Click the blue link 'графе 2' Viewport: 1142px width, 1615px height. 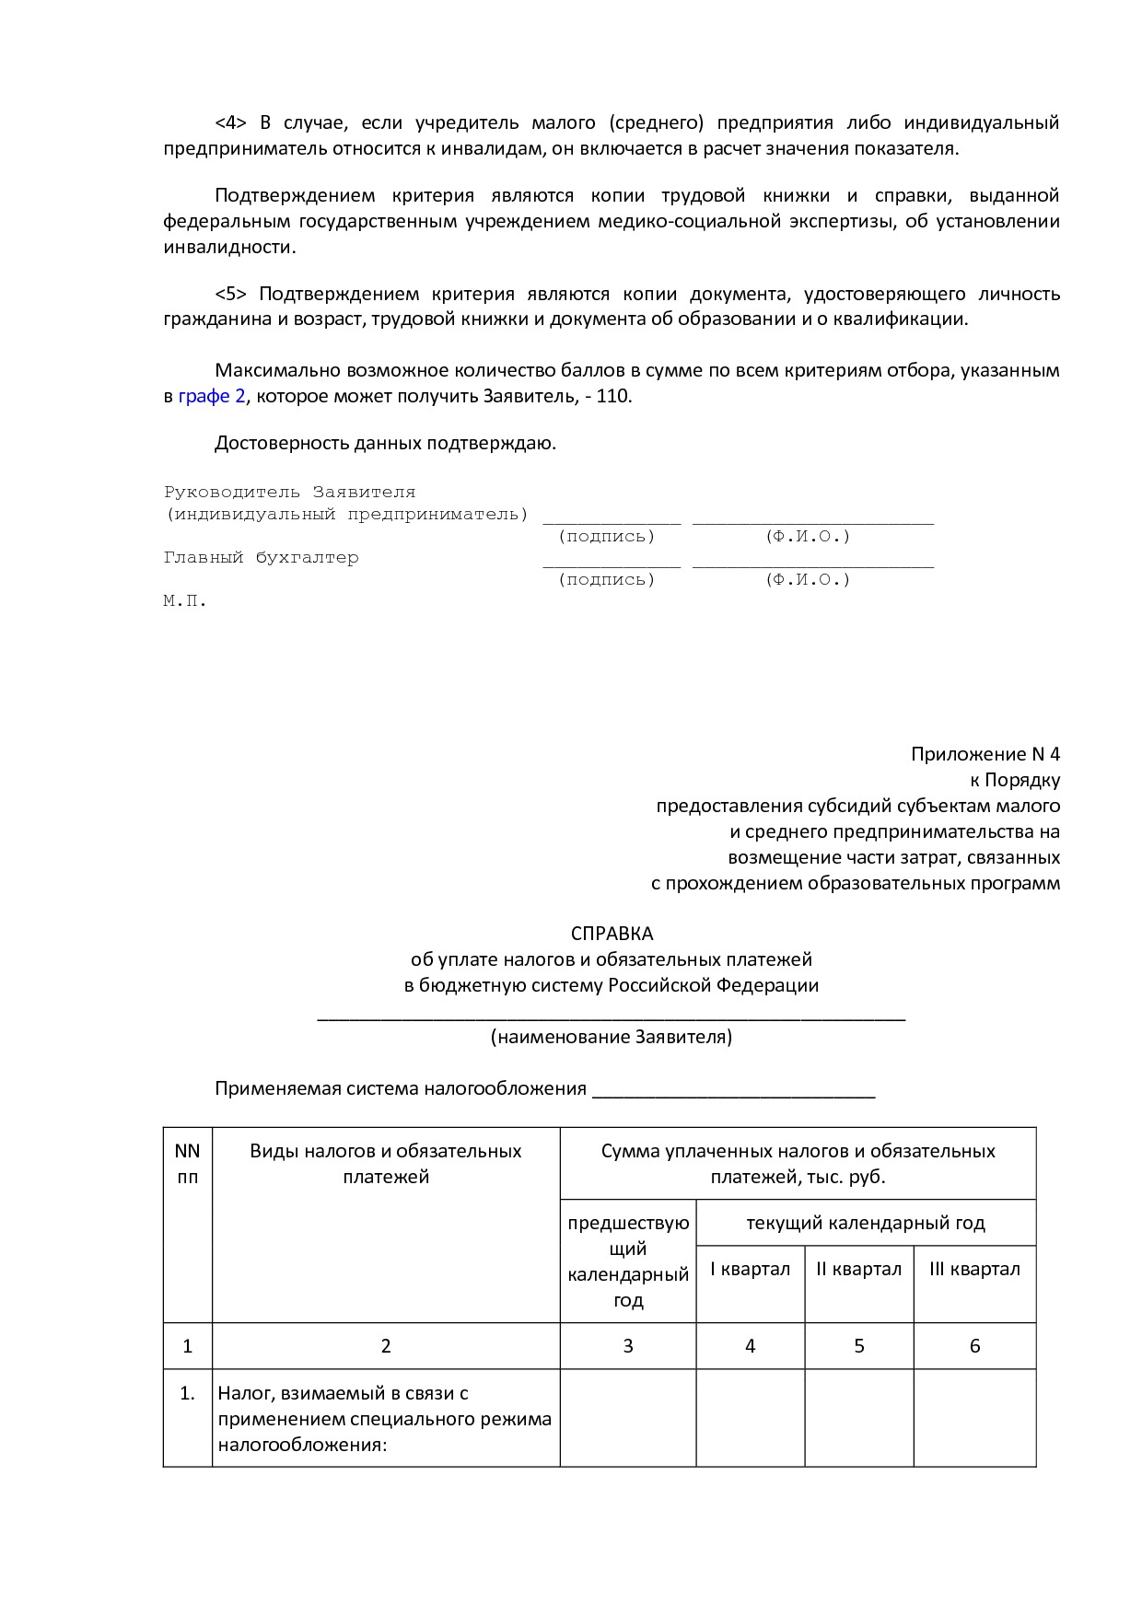(x=211, y=397)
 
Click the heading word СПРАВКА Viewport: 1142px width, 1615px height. (x=612, y=934)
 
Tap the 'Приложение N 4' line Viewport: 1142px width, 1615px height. (x=985, y=754)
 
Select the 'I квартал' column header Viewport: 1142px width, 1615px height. (x=750, y=1269)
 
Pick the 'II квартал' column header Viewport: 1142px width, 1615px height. (x=858, y=1269)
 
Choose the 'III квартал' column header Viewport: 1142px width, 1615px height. (x=974, y=1269)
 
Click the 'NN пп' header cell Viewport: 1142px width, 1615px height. (x=187, y=1164)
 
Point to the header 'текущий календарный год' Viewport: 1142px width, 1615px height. (x=865, y=1223)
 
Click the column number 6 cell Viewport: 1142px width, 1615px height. (x=974, y=1346)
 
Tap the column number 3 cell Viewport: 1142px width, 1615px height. (x=628, y=1346)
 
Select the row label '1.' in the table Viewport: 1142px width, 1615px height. (x=187, y=1394)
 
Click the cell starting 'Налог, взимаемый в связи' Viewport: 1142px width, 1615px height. (x=385, y=1418)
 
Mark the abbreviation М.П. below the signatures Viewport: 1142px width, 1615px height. (x=185, y=601)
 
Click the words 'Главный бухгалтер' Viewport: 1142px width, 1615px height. (x=261, y=558)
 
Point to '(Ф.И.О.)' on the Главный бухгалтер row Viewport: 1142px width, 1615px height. (x=808, y=580)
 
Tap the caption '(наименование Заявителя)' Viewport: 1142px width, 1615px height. (x=612, y=1037)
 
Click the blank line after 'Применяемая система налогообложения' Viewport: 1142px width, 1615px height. (x=733, y=1091)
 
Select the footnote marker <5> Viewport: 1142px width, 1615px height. (x=230, y=294)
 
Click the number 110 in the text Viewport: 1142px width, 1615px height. (x=613, y=397)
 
